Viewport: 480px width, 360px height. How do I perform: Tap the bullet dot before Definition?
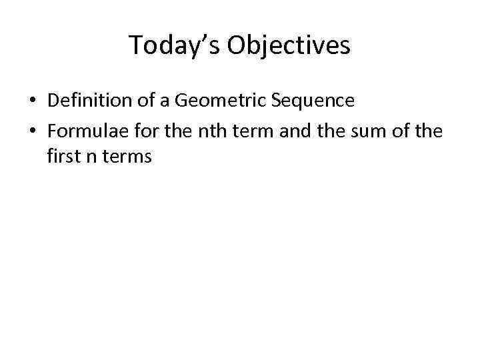[32, 101]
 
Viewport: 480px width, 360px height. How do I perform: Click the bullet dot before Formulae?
[32, 131]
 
